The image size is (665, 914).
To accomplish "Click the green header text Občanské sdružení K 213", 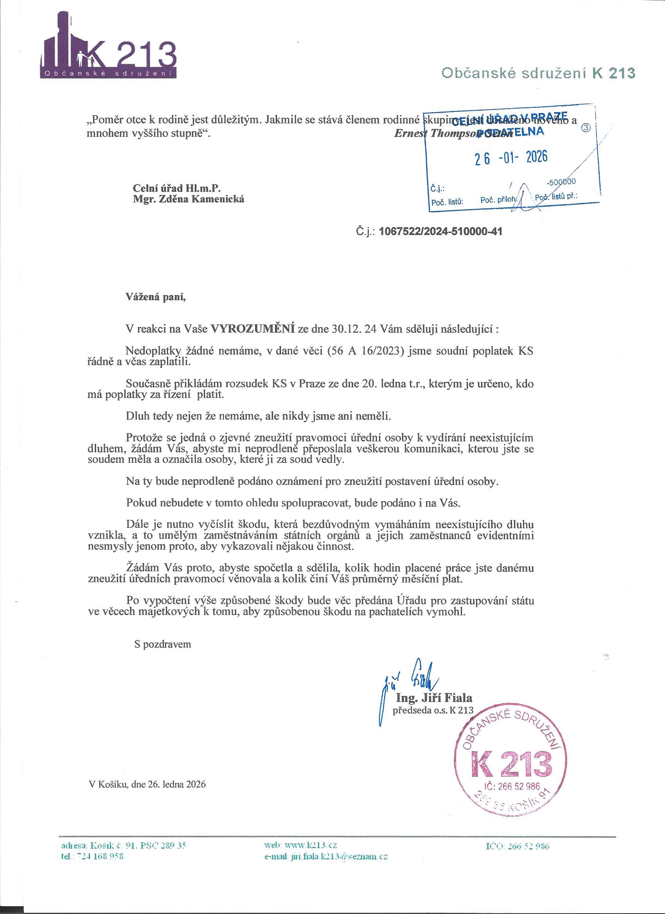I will point(538,73).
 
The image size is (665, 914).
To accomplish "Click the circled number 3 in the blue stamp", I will point(586,128).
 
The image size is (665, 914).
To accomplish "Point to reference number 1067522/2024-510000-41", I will point(440,232).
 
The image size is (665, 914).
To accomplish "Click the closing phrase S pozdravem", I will point(162,644).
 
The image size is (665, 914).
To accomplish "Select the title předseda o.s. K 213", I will point(433,710).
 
